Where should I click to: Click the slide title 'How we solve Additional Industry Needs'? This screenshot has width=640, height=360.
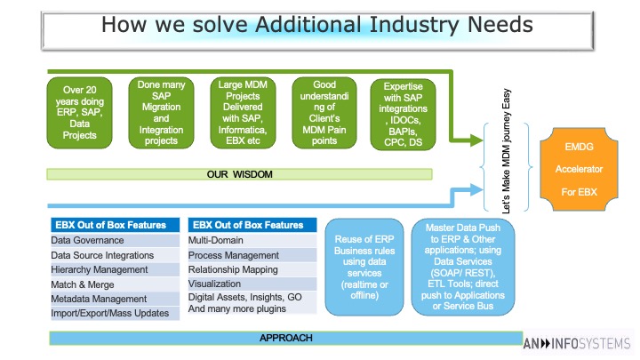click(x=317, y=25)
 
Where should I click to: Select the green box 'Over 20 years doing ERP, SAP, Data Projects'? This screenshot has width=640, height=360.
click(x=80, y=113)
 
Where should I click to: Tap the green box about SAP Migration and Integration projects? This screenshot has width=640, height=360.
click(x=161, y=113)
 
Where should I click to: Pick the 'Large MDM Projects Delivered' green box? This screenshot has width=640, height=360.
click(x=243, y=113)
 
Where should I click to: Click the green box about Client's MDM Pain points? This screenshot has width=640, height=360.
click(x=324, y=113)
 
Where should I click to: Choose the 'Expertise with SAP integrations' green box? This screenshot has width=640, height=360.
click(x=403, y=115)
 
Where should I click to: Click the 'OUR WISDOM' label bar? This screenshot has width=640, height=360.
click(x=240, y=174)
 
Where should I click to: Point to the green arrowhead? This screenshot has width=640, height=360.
click(x=476, y=140)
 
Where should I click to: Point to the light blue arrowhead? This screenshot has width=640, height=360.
click(x=476, y=190)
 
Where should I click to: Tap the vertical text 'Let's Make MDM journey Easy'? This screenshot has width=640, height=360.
click(x=506, y=151)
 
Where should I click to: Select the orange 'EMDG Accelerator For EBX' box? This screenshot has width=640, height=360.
click(x=579, y=170)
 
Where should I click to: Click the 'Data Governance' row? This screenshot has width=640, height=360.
click(x=115, y=240)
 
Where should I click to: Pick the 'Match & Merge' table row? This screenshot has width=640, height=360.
click(x=115, y=284)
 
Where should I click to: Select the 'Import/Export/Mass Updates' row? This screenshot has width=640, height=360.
click(x=115, y=314)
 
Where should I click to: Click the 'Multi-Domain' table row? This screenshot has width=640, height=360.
click(x=252, y=240)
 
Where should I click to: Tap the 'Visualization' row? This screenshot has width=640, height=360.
click(x=252, y=284)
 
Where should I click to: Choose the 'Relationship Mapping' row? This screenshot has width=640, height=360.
click(x=252, y=270)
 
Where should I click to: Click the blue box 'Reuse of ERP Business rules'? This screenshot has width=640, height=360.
click(x=364, y=267)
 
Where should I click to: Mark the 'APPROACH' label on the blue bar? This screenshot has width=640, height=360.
click(x=286, y=338)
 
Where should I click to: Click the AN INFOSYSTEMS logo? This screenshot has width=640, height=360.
click(x=577, y=343)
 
